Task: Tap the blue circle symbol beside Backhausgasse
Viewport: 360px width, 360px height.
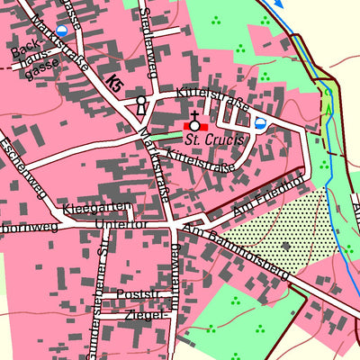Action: point(61,30)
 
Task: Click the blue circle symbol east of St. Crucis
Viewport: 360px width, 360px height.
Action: point(260,123)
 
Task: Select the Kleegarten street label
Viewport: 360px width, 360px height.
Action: point(86,211)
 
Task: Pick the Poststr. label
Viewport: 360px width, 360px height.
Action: point(121,294)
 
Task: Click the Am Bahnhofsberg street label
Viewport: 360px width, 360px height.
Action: point(233,253)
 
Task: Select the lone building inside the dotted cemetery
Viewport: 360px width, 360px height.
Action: point(285,245)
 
